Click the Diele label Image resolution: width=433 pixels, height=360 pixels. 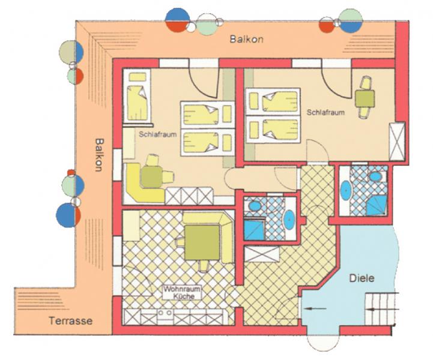[x=362, y=278]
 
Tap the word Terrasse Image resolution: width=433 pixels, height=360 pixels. [x=71, y=321]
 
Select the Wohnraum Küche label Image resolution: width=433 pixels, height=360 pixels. [x=182, y=293]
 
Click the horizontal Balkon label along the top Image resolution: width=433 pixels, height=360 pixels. [x=247, y=39]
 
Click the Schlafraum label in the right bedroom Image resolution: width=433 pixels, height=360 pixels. [x=326, y=113]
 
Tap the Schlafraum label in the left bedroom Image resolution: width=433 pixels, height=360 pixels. [x=158, y=134]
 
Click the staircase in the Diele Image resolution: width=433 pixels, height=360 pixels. [x=381, y=309]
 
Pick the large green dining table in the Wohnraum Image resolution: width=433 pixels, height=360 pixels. [x=202, y=242]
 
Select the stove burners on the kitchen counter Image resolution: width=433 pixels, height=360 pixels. [x=165, y=313]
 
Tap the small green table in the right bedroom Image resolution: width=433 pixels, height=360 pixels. [x=365, y=98]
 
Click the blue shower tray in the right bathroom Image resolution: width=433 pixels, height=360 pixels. [x=377, y=205]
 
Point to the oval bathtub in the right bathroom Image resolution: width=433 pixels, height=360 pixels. [x=346, y=190]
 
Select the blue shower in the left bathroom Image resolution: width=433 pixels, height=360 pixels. [x=254, y=230]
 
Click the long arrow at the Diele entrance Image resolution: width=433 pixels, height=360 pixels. [x=315, y=308]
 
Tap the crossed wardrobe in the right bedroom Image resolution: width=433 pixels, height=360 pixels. [x=397, y=142]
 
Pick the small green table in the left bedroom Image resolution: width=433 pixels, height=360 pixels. [x=151, y=176]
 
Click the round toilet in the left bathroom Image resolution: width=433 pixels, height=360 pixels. [x=255, y=206]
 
